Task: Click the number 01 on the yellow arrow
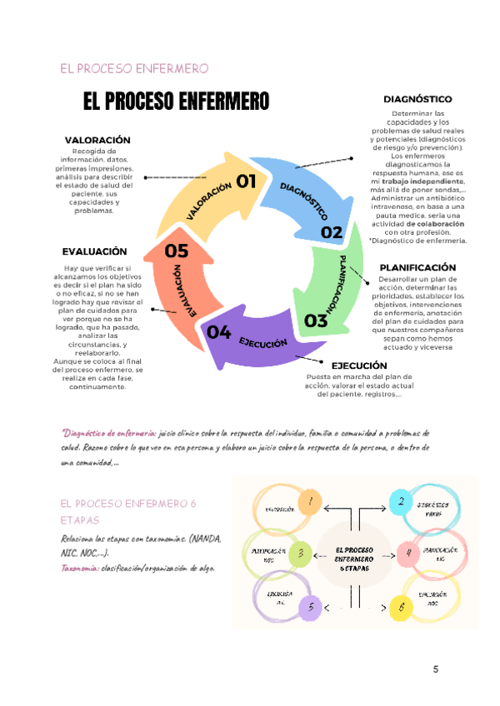click(x=246, y=181)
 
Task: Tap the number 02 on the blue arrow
click(x=332, y=233)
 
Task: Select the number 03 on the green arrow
click(x=316, y=320)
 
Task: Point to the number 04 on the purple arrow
click(x=219, y=333)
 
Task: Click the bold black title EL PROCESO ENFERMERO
click(x=176, y=102)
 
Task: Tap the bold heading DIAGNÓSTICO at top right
click(x=417, y=99)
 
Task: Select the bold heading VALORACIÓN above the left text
click(x=97, y=140)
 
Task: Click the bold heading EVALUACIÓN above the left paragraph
click(x=94, y=251)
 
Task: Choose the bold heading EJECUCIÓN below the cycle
click(x=359, y=365)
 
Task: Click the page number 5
click(x=436, y=670)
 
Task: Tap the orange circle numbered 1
click(x=310, y=501)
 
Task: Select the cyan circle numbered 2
click(x=401, y=501)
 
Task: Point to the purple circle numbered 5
click(x=311, y=606)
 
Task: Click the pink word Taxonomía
click(x=78, y=569)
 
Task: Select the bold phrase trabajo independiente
click(x=423, y=181)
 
